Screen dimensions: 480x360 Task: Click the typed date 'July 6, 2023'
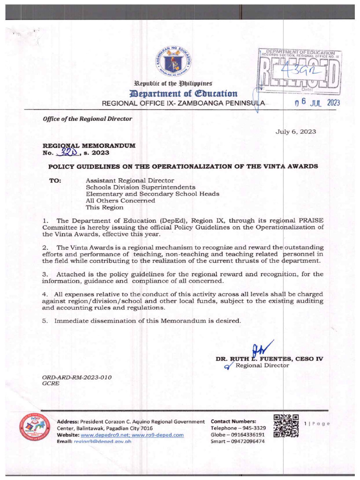[x=295, y=132]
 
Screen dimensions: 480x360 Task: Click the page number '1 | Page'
[x=317, y=423]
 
